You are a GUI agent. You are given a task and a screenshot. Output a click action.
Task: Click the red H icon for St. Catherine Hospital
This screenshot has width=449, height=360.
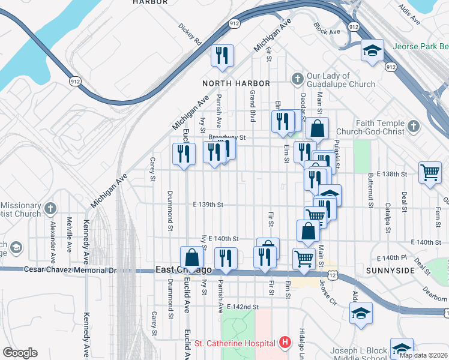pos(285,343)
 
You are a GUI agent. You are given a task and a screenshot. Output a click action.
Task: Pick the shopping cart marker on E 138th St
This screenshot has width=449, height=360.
pos(430,173)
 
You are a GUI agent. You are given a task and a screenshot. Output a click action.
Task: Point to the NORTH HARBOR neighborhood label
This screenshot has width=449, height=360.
pos(236,83)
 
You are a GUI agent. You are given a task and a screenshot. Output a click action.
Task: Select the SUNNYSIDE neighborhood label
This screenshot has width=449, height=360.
pos(390,271)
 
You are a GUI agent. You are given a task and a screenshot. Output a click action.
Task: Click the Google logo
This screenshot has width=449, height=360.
pos(20,353)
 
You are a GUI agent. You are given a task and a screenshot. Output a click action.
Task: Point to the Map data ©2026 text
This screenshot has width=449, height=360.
pos(423,355)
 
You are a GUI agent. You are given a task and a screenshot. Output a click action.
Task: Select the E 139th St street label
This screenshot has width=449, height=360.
pos(208,205)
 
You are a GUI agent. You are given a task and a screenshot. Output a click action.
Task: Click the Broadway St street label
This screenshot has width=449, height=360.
pos(228,137)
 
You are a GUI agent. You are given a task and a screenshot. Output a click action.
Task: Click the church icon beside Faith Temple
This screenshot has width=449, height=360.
pos(412,127)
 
